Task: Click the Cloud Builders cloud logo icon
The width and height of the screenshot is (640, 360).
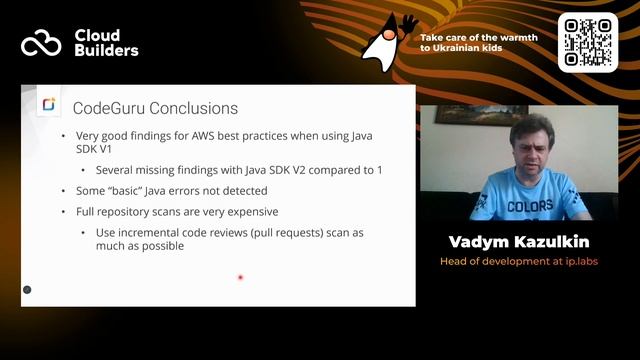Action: click(x=41, y=43)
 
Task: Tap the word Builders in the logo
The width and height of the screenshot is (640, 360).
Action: click(x=105, y=51)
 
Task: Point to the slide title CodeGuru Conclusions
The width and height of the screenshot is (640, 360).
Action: click(x=154, y=107)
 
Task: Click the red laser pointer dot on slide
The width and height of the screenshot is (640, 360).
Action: click(x=240, y=277)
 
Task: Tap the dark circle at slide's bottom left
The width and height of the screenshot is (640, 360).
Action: click(x=27, y=290)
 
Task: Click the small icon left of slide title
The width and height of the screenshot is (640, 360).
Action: click(x=48, y=105)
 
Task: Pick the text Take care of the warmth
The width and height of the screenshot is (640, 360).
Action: click(x=479, y=37)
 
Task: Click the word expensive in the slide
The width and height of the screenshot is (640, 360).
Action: click(x=252, y=212)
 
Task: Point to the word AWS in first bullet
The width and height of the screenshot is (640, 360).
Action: click(x=218, y=135)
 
